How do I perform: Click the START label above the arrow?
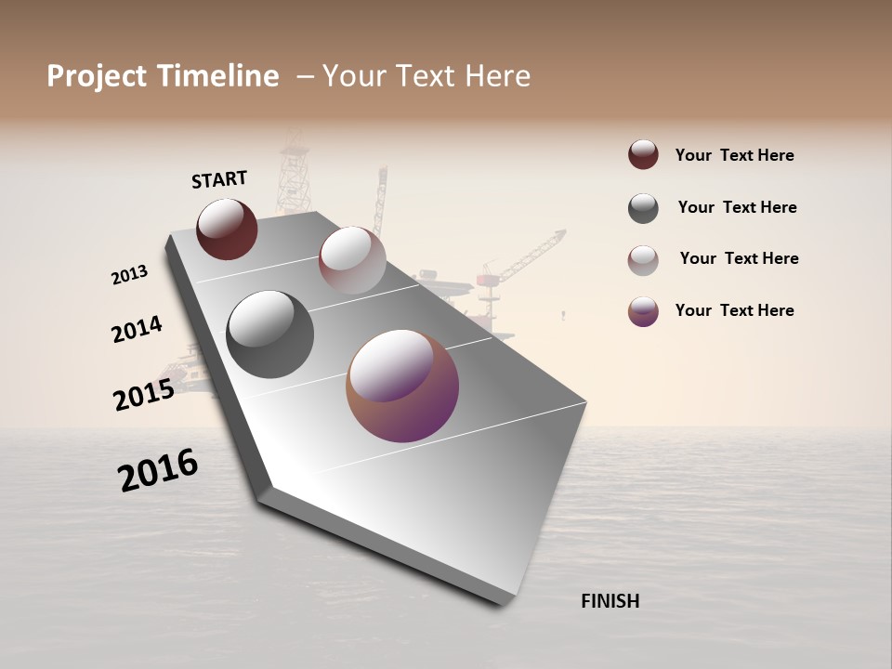click(219, 179)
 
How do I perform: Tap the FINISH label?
click(610, 601)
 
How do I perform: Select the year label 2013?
click(129, 275)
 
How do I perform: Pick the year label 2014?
click(137, 329)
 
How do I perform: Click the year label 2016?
click(158, 470)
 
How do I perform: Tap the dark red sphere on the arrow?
click(227, 229)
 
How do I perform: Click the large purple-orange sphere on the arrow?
click(402, 386)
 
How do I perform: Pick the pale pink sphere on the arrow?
click(352, 260)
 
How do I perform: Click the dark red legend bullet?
click(643, 155)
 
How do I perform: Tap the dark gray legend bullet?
click(643, 208)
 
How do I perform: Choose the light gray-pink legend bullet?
click(643, 260)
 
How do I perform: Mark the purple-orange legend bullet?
click(643, 311)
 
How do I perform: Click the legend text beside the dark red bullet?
click(734, 156)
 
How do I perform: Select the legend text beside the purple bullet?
click(734, 310)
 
